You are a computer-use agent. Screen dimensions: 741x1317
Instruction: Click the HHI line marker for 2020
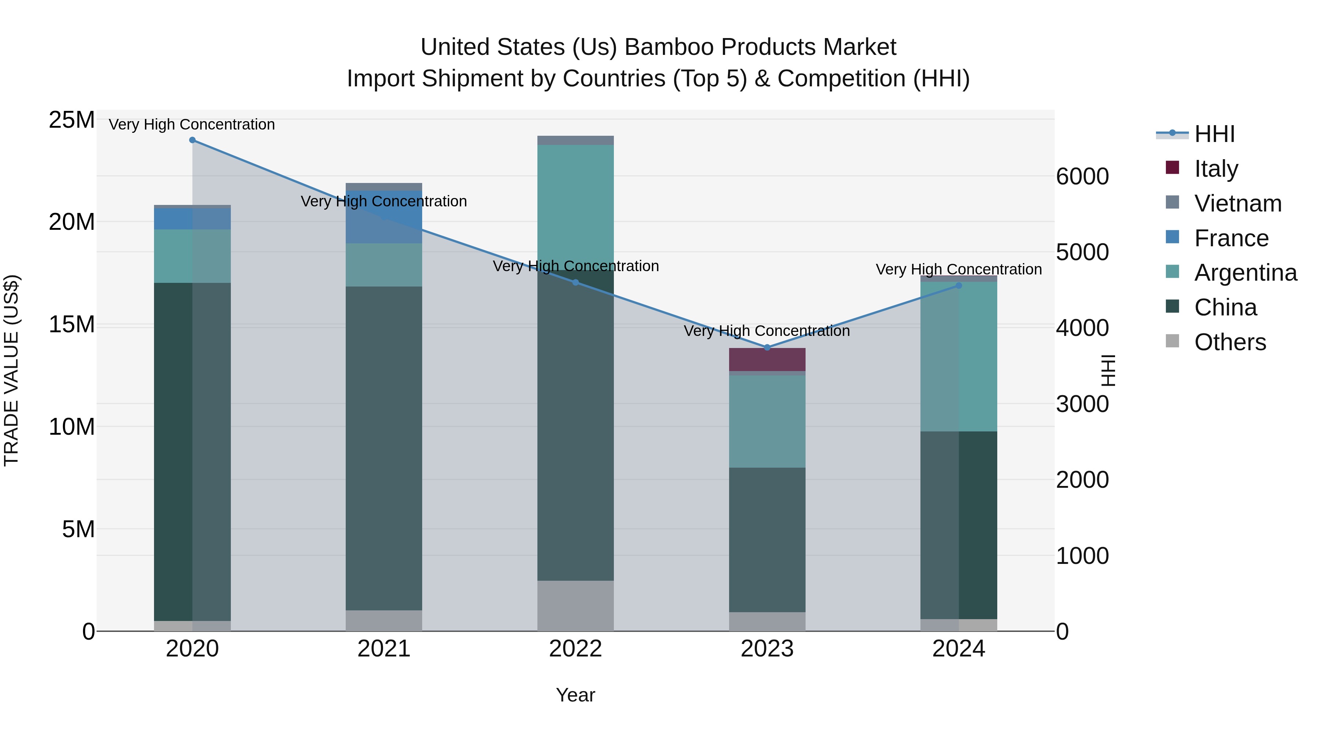[x=192, y=140]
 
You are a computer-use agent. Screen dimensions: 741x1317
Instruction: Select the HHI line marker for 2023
[x=767, y=348]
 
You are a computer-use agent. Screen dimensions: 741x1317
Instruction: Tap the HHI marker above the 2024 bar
[x=958, y=286]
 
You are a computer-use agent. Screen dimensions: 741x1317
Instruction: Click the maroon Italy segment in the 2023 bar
[x=767, y=359]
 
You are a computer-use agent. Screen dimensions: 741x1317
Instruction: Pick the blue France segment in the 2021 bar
[x=384, y=217]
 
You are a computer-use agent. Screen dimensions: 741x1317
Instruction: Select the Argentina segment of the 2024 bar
[x=958, y=356]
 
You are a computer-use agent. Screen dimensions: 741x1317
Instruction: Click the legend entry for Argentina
[x=1245, y=273]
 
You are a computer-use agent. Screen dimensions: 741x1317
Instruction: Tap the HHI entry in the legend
[x=1214, y=134]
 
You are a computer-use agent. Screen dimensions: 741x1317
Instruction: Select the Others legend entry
[x=1230, y=342]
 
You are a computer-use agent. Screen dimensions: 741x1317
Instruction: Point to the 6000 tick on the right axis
[x=1083, y=177]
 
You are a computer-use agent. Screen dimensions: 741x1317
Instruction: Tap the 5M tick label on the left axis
[x=78, y=529]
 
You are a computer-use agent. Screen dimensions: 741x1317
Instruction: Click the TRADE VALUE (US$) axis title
[x=11, y=370]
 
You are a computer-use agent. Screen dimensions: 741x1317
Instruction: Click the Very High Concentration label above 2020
[x=192, y=125]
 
